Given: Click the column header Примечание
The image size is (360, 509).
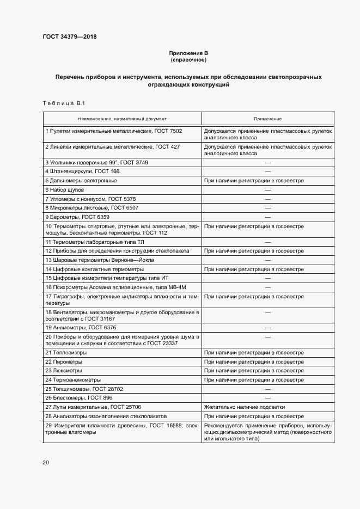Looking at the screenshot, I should [267, 119].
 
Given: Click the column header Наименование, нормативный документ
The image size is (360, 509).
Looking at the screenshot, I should [122, 119].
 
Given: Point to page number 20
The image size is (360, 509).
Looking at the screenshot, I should [46, 462].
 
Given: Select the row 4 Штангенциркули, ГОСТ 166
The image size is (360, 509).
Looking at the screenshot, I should [82, 171].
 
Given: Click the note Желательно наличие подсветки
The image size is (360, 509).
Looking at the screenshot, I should [245, 407].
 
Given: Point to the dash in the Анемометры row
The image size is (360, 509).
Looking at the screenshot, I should [267, 328].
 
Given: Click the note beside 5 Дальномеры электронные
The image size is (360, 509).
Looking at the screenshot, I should [253, 180].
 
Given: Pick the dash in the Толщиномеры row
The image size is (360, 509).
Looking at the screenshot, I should [267, 389].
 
